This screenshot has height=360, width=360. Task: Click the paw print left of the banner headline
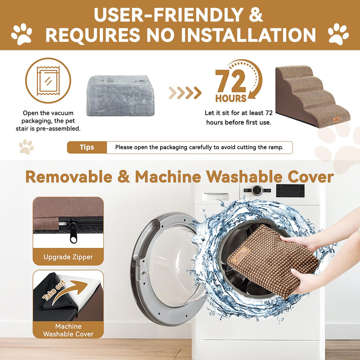click(x=22, y=34)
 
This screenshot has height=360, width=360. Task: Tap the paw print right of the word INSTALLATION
click(x=338, y=34)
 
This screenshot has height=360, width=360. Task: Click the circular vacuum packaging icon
click(x=48, y=81)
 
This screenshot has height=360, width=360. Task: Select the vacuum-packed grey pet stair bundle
click(x=121, y=95)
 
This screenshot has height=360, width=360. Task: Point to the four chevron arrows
click(x=185, y=93)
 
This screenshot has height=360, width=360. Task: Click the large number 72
click(x=231, y=81)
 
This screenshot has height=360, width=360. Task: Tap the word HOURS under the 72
click(x=231, y=98)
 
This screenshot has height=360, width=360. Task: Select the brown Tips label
click(x=87, y=147)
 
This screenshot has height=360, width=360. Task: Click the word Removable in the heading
click(x=69, y=177)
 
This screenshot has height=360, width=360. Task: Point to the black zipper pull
click(x=73, y=231)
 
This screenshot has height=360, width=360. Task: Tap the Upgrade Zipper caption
click(x=68, y=257)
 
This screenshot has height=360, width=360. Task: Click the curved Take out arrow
click(x=69, y=289)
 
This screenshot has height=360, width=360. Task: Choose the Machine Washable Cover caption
click(x=68, y=330)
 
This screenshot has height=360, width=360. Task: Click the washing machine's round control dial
click(x=257, y=190)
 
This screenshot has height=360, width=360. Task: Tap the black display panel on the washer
click(x=290, y=190)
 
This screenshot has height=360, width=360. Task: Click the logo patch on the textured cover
click(x=240, y=256)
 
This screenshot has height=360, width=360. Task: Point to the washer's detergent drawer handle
click(x=216, y=197)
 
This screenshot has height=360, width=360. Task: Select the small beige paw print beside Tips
click(x=26, y=147)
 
